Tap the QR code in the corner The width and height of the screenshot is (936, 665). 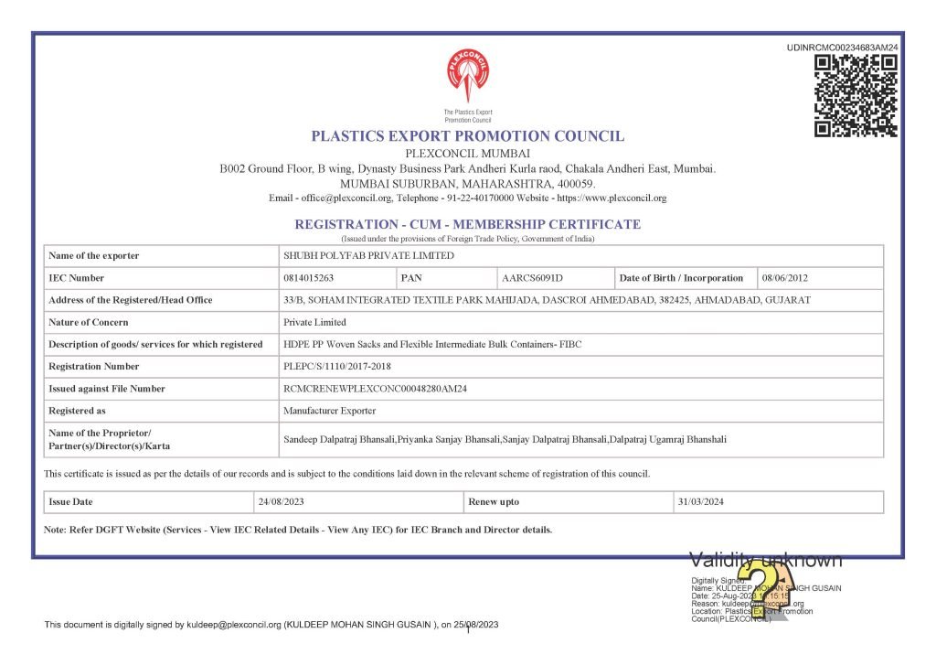tap(856, 96)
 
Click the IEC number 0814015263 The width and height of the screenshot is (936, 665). tap(309, 278)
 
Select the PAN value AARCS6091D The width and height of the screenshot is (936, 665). tap(532, 278)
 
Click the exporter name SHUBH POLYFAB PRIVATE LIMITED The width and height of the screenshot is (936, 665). tap(368, 256)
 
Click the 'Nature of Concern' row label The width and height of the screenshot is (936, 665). tap(89, 323)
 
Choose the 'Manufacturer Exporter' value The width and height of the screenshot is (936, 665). tap(330, 412)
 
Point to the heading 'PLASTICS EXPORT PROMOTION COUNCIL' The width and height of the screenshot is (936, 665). tap(468, 136)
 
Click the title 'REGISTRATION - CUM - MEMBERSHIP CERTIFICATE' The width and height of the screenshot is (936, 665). tap(467, 224)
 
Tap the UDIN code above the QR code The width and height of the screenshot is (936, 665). tap(843, 48)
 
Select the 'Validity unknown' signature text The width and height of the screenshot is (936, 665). tap(765, 560)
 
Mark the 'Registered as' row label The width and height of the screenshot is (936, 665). tap(77, 412)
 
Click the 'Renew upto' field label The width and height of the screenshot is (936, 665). tap(494, 502)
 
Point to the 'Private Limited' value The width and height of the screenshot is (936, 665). tap(315, 323)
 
